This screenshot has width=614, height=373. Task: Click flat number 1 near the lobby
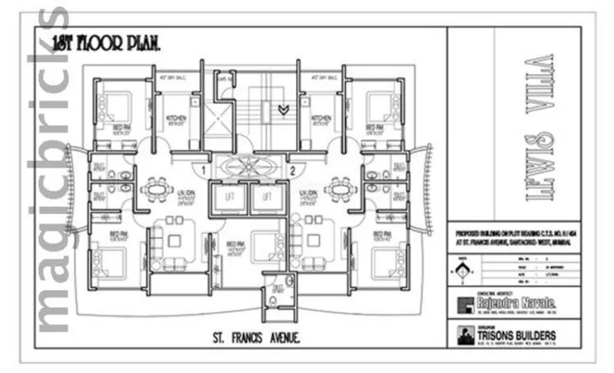pos(204,169)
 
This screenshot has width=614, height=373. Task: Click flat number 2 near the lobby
pos(292,169)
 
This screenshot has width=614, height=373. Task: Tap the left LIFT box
pos(230,197)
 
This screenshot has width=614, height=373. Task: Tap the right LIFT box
pos(267,197)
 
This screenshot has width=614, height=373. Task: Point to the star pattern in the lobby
pos(248,168)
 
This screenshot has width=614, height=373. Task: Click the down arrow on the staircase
pos(282,109)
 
